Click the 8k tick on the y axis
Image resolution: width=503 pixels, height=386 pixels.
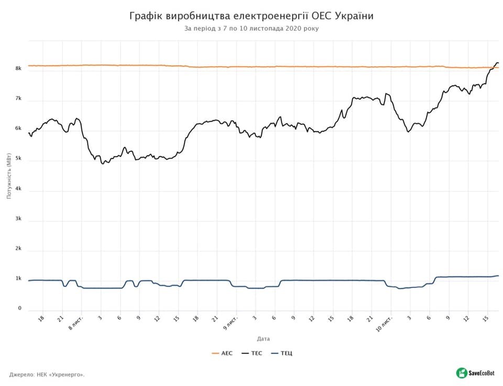coord(18,69)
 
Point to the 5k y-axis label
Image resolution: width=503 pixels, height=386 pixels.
coord(18,159)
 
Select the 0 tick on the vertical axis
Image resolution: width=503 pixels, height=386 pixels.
coord(19,309)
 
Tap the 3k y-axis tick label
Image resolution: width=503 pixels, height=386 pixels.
coord(18,219)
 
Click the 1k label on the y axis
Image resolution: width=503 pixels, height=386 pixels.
coord(18,279)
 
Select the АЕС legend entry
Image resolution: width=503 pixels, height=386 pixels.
coord(222,353)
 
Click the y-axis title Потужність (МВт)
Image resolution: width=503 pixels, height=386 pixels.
coord(9,178)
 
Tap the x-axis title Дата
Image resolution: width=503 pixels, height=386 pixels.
coord(264,339)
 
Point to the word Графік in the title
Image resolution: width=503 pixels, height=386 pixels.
coord(146,16)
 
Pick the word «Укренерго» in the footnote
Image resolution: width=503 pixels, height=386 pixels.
coord(68,374)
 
